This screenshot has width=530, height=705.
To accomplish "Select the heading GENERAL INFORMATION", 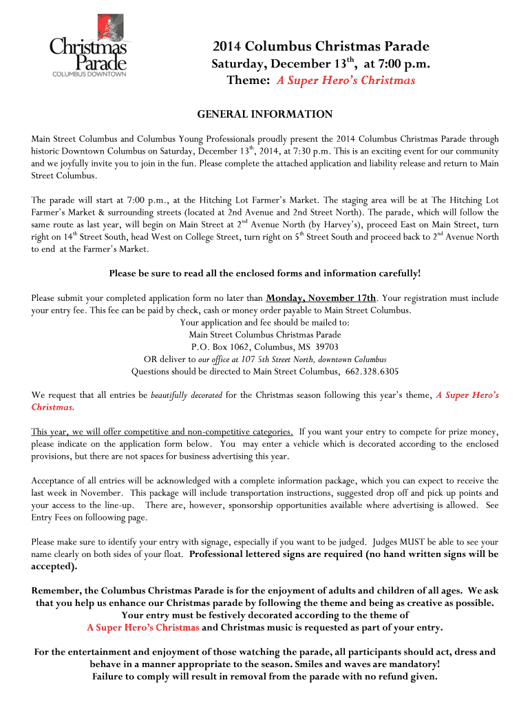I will (x=265, y=114).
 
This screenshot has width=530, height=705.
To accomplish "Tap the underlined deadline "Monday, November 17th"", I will (x=321, y=298).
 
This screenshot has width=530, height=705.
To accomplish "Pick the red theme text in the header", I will (x=346, y=81).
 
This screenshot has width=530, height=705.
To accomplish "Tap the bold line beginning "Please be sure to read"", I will (x=265, y=273).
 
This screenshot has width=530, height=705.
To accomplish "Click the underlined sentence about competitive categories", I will (x=162, y=432).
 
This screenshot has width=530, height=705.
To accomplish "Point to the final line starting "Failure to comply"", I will (x=265, y=676).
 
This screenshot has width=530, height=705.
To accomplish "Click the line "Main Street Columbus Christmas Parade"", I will (x=265, y=335).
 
